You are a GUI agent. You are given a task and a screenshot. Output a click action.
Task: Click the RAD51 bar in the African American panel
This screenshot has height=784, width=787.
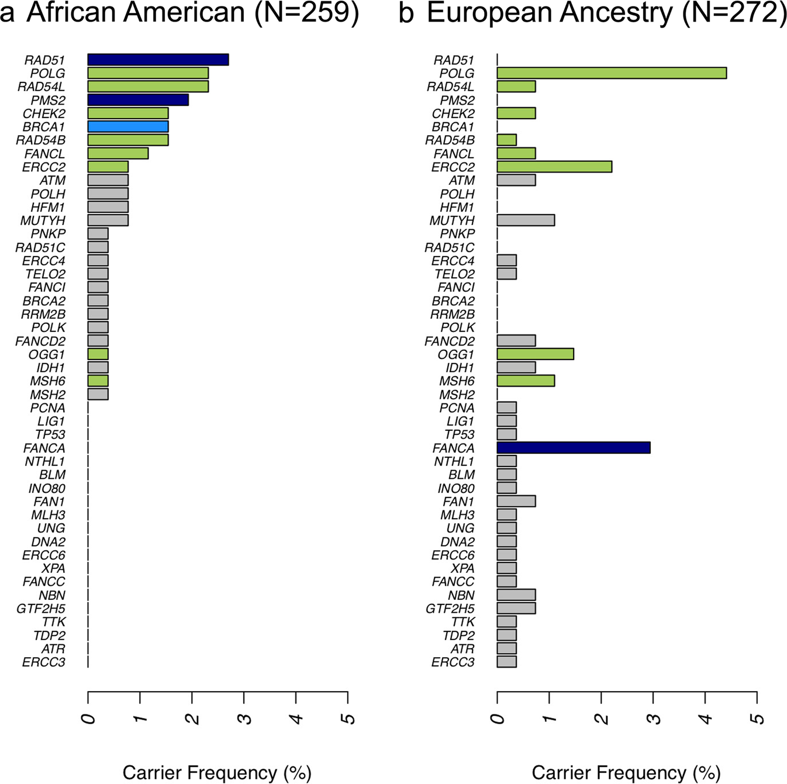click(158, 60)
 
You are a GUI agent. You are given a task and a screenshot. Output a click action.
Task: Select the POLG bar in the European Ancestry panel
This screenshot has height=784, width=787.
click(612, 73)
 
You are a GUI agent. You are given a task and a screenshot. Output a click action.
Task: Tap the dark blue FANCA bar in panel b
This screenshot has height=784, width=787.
click(573, 448)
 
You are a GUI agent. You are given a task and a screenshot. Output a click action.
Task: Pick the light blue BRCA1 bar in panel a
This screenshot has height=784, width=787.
click(128, 127)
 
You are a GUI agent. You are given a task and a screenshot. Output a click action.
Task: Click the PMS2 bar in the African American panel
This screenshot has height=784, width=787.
click(138, 100)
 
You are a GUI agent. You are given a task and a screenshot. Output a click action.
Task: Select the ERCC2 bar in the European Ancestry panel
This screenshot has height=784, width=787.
click(554, 167)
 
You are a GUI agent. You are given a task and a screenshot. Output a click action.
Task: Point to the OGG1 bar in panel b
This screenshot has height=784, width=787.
click(535, 354)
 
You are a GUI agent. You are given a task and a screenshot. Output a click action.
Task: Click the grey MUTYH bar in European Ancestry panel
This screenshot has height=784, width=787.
click(526, 220)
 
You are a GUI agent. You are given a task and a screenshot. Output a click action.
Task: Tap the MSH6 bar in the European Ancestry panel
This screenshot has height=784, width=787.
click(526, 381)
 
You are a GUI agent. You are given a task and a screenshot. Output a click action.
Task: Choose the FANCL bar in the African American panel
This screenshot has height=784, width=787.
click(118, 154)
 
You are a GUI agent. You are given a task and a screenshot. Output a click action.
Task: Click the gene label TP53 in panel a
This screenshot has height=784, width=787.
click(50, 435)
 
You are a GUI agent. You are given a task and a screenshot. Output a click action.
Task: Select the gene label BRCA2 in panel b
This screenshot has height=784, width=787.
click(453, 301)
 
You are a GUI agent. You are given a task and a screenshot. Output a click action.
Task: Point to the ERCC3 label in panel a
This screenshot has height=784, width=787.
click(44, 662)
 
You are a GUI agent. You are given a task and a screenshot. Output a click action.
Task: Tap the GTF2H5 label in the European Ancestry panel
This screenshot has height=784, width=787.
click(450, 609)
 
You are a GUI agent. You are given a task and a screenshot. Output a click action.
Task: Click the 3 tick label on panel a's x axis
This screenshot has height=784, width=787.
click(246, 717)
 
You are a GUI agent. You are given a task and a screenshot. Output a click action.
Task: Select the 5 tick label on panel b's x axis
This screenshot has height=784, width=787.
click(758, 717)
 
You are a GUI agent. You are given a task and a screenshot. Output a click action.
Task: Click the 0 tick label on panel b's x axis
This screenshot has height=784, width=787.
click(498, 717)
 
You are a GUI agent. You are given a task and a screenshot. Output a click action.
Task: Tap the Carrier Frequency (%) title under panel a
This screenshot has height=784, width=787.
click(216, 773)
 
